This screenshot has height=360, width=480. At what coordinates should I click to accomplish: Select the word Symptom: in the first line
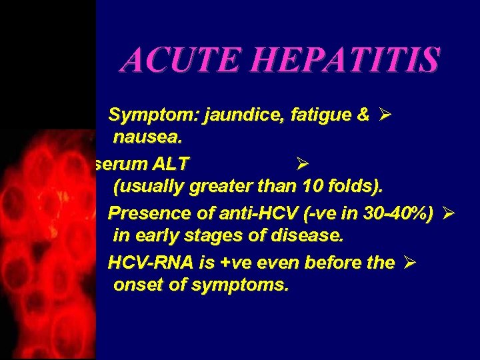click(142, 115)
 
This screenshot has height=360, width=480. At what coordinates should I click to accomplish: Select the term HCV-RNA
click(145, 263)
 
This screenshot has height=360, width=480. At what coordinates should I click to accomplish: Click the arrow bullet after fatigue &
click(384, 115)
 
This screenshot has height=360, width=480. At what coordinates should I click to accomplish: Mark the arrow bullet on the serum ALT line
click(300, 163)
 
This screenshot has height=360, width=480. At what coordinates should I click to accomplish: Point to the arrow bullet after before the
click(410, 262)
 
